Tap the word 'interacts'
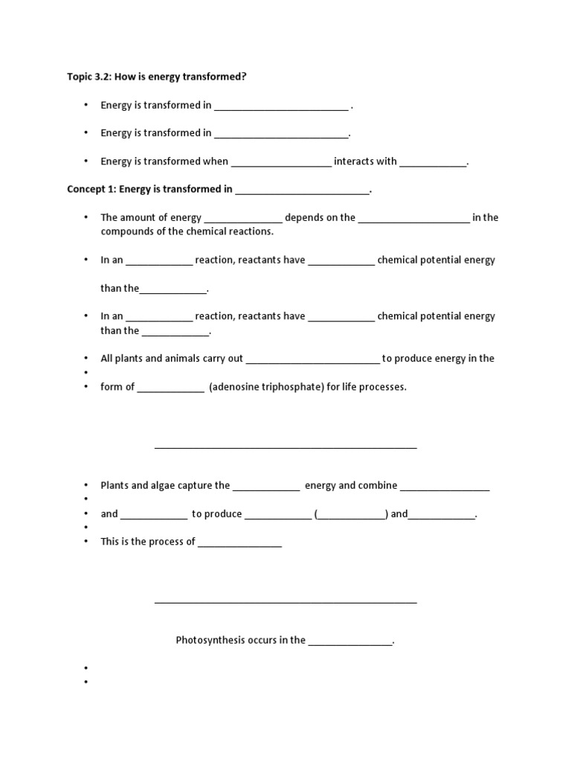point(355,161)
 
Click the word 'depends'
point(303,217)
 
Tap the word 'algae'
point(167,485)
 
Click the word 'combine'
point(378,485)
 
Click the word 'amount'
point(139,217)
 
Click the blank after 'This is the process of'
point(239,543)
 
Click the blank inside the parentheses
point(350,515)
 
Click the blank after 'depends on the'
point(413,219)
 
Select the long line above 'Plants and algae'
point(285,448)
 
